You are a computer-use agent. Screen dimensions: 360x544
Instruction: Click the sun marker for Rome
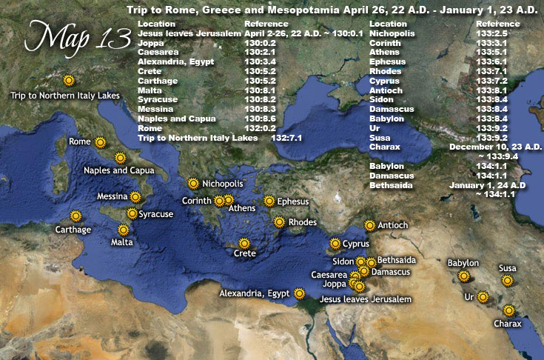click(x=100, y=141)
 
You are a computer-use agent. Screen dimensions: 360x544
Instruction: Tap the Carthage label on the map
click(x=73, y=230)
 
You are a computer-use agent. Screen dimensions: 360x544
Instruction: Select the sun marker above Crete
click(x=244, y=243)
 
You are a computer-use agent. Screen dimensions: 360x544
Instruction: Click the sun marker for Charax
click(x=508, y=311)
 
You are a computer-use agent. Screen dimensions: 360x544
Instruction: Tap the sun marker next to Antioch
click(x=370, y=225)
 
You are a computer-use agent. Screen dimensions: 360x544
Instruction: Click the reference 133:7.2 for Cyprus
click(x=491, y=80)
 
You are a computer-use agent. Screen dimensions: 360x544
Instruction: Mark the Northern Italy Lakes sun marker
click(x=69, y=80)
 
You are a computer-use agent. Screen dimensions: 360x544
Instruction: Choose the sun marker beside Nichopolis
click(x=193, y=183)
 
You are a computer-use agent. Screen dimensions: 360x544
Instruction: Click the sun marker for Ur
click(x=483, y=296)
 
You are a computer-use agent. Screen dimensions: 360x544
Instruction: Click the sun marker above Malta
click(x=123, y=230)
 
